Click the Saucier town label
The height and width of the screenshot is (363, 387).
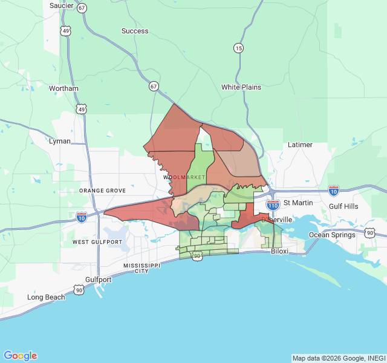[62, 5]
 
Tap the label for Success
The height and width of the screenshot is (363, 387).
[134, 31]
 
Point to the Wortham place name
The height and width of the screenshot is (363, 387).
[63, 88]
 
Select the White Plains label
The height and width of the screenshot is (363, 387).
[241, 87]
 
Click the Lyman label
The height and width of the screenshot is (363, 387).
[59, 141]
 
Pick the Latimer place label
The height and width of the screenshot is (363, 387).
[300, 145]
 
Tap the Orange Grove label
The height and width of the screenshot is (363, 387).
[102, 191]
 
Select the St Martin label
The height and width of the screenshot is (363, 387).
[296, 203]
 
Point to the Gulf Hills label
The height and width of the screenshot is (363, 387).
[343, 206]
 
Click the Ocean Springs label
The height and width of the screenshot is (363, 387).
[332, 235]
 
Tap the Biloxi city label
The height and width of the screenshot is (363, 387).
[279, 250]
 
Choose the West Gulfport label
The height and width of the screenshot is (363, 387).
[97, 242]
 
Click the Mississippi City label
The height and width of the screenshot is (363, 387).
[135, 269]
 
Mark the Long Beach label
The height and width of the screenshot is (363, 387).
[46, 297]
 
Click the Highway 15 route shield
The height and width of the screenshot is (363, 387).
[239, 48]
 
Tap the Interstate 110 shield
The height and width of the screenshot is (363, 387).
[273, 206]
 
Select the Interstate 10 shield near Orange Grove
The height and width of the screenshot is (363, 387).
[82, 215]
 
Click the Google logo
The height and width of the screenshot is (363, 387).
[20, 356]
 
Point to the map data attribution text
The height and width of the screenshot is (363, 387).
[339, 358]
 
